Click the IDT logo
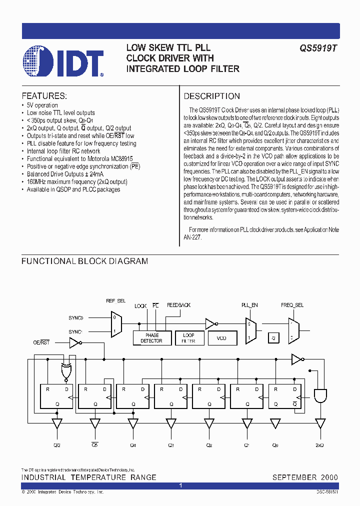[63, 61]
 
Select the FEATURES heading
[44, 96]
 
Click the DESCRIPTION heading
[212, 96]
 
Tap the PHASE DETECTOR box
[151, 338]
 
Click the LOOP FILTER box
[188, 338]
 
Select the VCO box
[221, 338]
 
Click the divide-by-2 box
[273, 338]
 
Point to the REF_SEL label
[116, 301]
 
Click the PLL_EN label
[249, 304]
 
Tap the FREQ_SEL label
[292, 304]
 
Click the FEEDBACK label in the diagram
[178, 305]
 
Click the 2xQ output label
[319, 444]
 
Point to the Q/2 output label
[57, 444]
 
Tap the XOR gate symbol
[65, 371]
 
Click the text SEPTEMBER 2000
[305, 477]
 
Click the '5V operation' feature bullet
[42, 105]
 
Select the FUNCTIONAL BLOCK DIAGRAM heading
[84, 261]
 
